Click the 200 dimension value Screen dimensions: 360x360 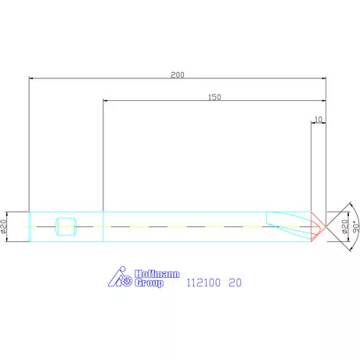[178, 75]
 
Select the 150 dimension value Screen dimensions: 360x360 [214, 97]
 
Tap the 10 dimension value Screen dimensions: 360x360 [317, 120]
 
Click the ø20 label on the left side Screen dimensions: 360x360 [5, 226]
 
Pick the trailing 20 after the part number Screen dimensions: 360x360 [235, 284]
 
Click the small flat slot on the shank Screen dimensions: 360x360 [66, 227]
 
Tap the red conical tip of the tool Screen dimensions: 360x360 [319, 227]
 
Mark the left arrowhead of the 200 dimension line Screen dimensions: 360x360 [32, 78]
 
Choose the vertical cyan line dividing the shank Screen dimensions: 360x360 [103, 227]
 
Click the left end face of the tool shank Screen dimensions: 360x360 [29, 227]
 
